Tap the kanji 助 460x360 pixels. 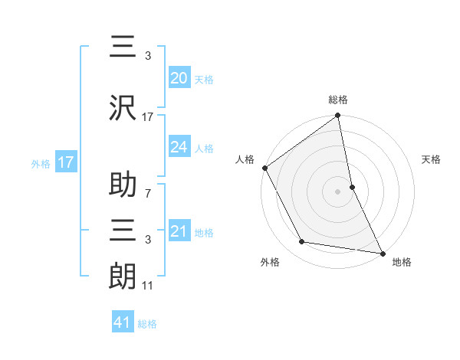coord(123,186)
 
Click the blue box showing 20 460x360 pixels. coord(179,77)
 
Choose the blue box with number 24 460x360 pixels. coord(179,147)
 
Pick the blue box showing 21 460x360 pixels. coord(179,231)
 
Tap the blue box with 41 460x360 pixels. coord(123,322)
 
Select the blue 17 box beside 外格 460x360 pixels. coord(65,162)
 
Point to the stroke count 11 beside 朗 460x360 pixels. coord(148,286)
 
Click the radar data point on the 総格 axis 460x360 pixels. coord(337,116)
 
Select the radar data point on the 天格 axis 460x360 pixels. coord(352,187)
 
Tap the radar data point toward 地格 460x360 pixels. coord(382,253)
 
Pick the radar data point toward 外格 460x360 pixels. coord(302,242)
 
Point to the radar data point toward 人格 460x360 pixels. coord(264,168)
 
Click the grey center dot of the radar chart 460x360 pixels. coord(337,191)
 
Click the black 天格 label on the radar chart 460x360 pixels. coord(432,159)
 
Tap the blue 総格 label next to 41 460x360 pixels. coord(147,324)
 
